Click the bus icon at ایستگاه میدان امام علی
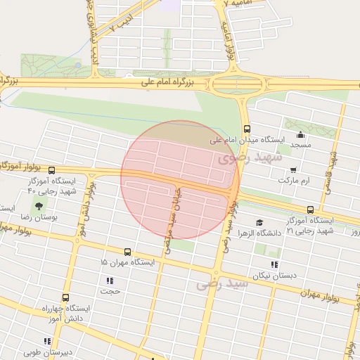click(x=246, y=129)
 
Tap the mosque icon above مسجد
click(x=301, y=135)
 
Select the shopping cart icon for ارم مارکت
click(x=292, y=169)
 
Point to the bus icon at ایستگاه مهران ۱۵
click(x=127, y=251)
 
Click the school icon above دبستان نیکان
click(x=274, y=264)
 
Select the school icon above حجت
click(x=110, y=280)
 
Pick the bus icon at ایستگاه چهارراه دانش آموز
click(x=65, y=297)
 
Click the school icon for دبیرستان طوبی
click(x=47, y=342)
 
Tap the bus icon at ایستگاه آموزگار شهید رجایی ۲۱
click(x=310, y=209)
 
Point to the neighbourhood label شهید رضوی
click(x=250, y=157)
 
